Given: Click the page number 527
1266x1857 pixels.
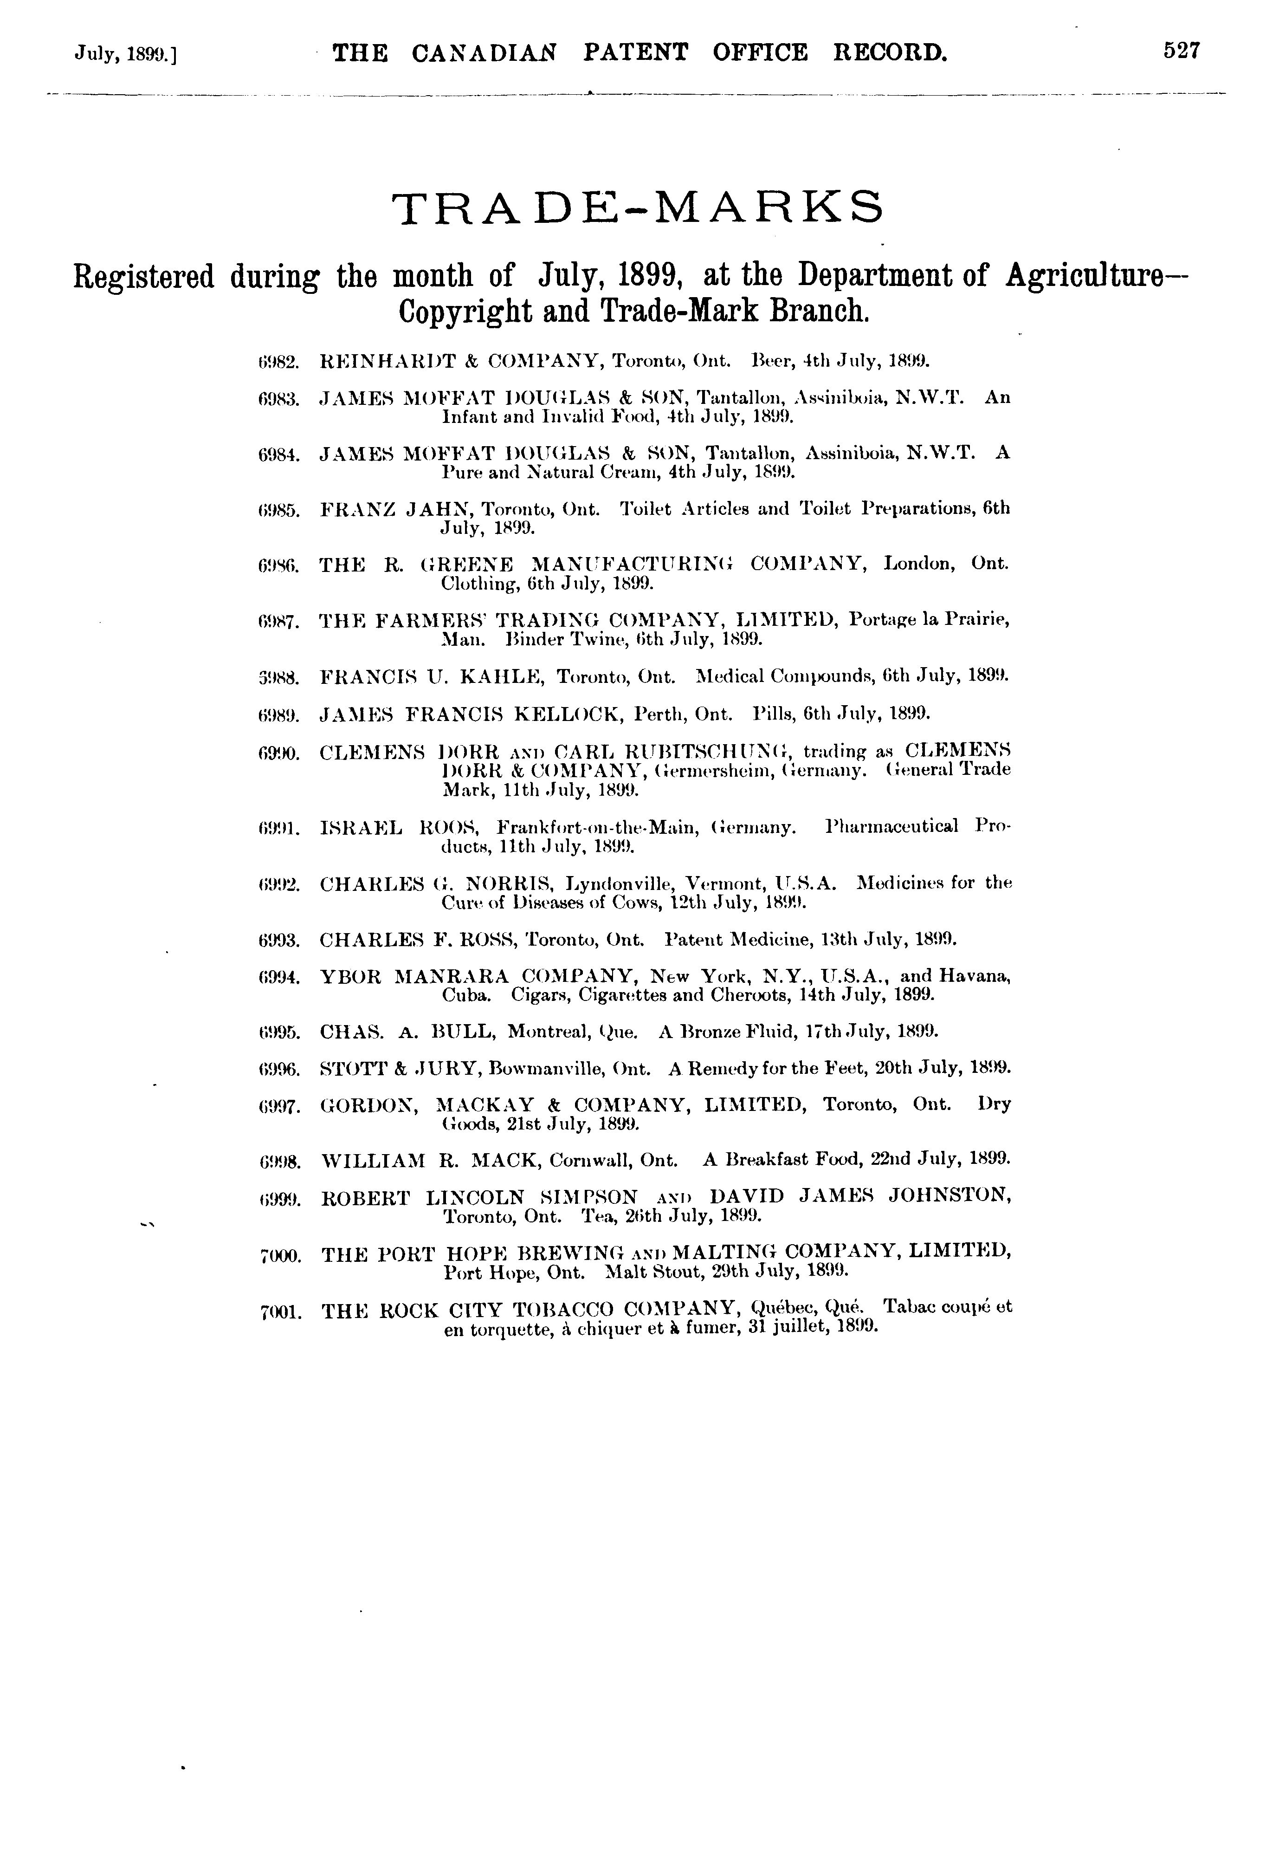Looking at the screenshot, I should [x=1182, y=51].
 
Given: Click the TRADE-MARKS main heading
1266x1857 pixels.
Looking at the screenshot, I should [x=639, y=208].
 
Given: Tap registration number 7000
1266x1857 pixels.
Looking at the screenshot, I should [x=280, y=1256].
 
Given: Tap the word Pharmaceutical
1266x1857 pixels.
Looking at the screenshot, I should [x=891, y=826].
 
